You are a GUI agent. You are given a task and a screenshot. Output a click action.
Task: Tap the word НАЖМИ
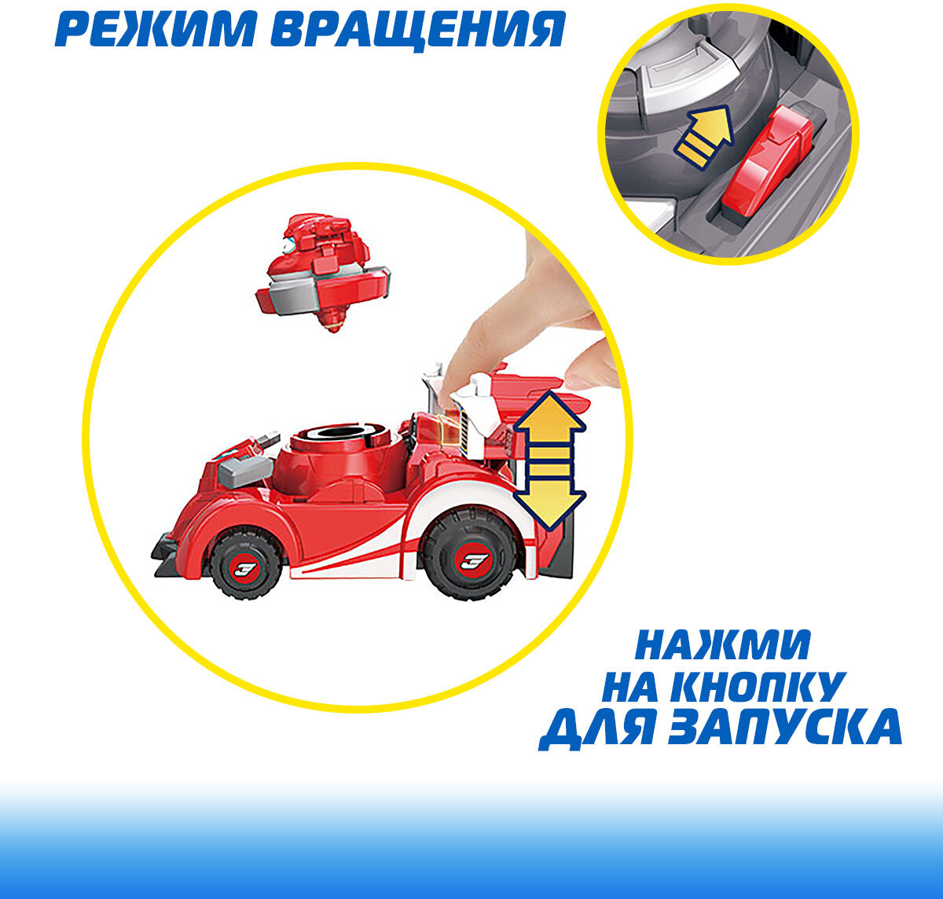[x=723, y=646]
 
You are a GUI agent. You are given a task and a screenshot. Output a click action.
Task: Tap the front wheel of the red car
[x=246, y=564]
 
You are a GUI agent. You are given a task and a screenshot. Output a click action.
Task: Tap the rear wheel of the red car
[x=471, y=556]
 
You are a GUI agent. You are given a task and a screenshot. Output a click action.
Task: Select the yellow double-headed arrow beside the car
[x=549, y=461]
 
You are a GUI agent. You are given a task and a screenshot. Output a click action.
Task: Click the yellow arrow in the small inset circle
[x=703, y=138]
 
